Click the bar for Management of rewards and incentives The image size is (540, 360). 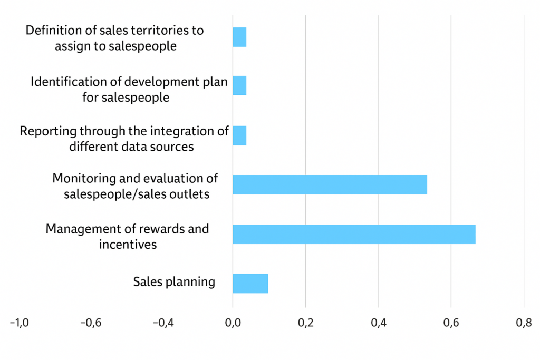click(354, 234)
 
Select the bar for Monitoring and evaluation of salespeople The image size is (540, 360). click(330, 184)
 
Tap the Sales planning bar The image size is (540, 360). click(250, 284)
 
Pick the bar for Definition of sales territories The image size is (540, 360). click(239, 37)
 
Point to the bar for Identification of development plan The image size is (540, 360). click(239, 85)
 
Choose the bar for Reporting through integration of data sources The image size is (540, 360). click(239, 135)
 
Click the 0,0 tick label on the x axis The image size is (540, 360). click(233, 323)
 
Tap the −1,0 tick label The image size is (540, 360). click(20, 323)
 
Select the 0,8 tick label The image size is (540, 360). click(524, 323)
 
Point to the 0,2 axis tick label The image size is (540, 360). click(305, 323)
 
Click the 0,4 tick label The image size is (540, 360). click(378, 323)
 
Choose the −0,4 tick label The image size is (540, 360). click(162, 323)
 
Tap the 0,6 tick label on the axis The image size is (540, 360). click(451, 323)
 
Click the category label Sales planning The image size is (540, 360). click(174, 281)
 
